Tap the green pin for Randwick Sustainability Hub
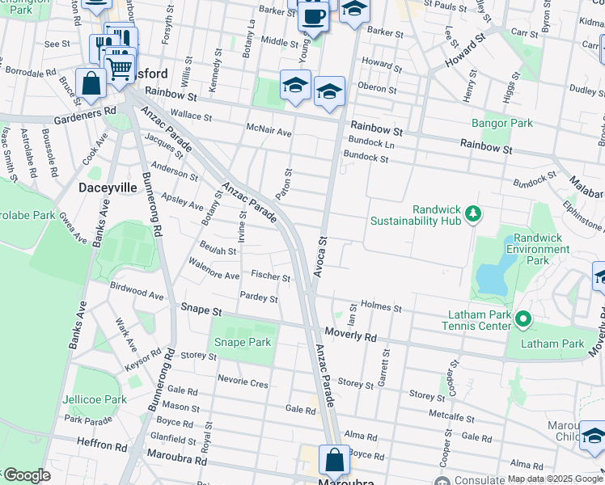pyautogui.click(x=474, y=214)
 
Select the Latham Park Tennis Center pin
pyautogui.click(x=522, y=320)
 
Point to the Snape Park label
pyautogui.click(x=241, y=342)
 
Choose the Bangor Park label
pyautogui.click(x=501, y=124)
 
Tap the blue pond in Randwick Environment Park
pyautogui.click(x=489, y=277)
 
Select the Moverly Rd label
pyautogui.click(x=351, y=334)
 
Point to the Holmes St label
pyautogui.click(x=381, y=307)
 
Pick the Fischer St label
pyautogui.click(x=270, y=276)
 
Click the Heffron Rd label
pyautogui.click(x=103, y=445)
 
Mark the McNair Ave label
pyautogui.click(x=269, y=131)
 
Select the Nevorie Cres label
pyautogui.click(x=242, y=383)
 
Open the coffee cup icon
pyautogui.click(x=313, y=16)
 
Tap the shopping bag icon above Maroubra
pyautogui.click(x=334, y=461)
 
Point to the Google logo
pyautogui.click(x=26, y=475)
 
